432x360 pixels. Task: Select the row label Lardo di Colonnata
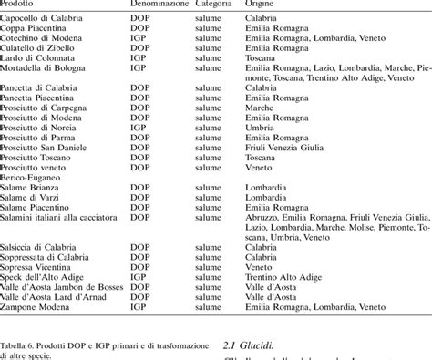40,57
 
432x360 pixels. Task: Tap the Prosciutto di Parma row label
42,137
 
